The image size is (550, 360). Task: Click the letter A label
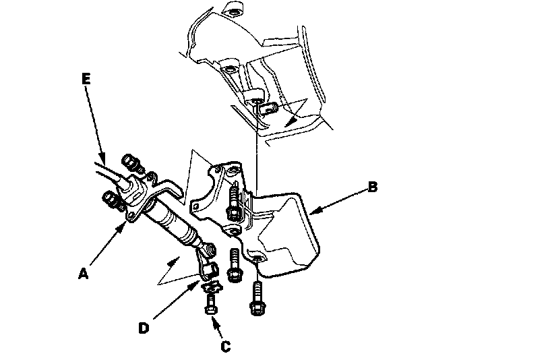[x=83, y=274]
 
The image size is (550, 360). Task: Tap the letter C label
[x=226, y=347]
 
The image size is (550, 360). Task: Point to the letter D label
[x=144, y=328]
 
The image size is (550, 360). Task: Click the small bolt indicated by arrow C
[x=209, y=311]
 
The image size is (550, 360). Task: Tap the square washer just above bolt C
[x=212, y=289]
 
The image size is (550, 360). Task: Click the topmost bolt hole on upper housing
[x=233, y=13]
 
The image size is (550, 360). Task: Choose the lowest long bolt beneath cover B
[x=257, y=297]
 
